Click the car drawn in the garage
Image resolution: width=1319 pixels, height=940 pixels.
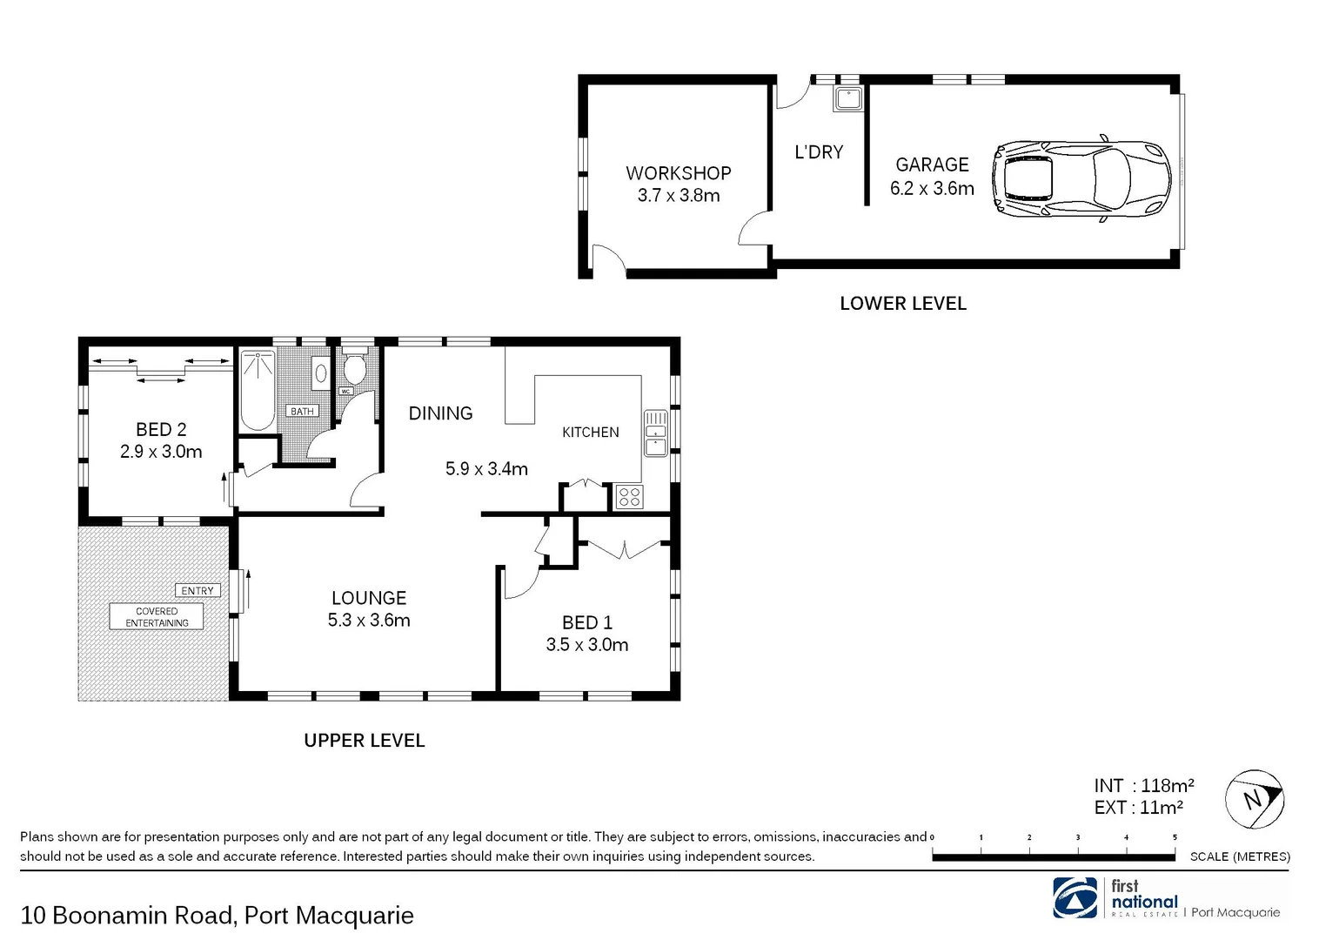pos(1081,178)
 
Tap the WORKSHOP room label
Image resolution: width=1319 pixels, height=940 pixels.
pos(678,173)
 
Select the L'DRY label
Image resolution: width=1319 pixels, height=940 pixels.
pos(819,152)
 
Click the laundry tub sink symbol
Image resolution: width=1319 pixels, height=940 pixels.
pos(847,98)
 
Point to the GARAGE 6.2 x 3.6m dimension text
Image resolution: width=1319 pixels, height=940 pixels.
pos(932,188)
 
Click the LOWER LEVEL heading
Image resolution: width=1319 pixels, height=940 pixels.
pos(902,304)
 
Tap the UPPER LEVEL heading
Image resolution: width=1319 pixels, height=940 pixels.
pos(364,741)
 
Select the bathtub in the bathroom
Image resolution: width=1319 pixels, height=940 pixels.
pos(257,390)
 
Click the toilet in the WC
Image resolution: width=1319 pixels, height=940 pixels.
pos(354,369)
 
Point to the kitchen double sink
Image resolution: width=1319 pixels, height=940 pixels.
pos(655,433)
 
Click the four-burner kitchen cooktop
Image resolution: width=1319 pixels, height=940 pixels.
pos(628,497)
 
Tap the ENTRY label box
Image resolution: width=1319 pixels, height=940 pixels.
pos(198,590)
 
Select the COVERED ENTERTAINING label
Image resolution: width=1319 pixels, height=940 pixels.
pos(157,617)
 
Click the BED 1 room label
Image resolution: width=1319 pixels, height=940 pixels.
pos(586,622)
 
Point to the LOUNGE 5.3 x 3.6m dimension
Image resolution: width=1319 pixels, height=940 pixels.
pos(369,621)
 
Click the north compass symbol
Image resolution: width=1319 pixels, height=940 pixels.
pos(1254,799)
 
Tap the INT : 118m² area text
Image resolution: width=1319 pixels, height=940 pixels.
pos(1143,785)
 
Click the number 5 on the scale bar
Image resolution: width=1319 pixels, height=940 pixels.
pos(1175,837)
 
